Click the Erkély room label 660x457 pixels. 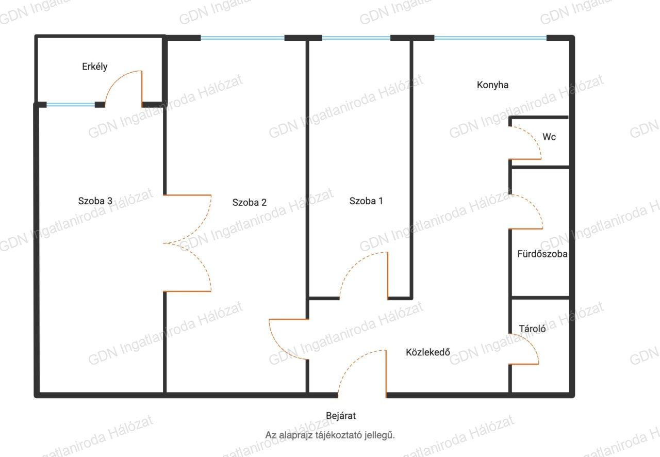coord(94,67)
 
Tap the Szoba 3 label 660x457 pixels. coord(95,201)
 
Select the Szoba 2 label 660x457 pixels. coord(249,202)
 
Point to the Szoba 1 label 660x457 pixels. coord(366,201)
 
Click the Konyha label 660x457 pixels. coord(492,85)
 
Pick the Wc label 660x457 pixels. coord(549,137)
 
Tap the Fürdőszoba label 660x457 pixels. coord(542,254)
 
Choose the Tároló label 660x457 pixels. coord(532,329)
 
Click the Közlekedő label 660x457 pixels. coord(428,352)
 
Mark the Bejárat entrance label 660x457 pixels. coord(341,416)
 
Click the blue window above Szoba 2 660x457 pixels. coord(242,38)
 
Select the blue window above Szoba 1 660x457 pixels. coord(356,38)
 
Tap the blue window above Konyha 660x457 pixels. coord(490,38)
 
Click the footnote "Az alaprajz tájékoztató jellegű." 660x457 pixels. coord(329,435)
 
